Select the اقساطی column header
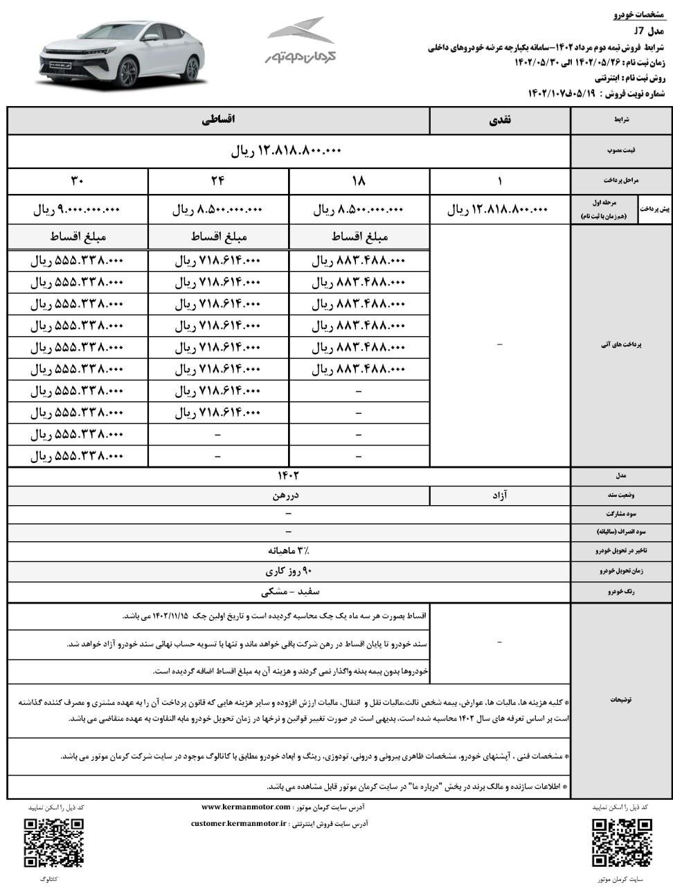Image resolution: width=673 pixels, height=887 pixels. point(219,120)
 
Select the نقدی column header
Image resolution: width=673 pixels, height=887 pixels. point(500,120)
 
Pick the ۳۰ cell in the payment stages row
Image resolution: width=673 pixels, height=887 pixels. point(77,181)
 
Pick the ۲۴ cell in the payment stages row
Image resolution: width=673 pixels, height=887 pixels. point(218,181)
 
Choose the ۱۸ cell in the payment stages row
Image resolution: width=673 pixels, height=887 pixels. point(359,181)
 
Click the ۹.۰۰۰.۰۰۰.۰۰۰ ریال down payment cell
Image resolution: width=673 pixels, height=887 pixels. point(77,210)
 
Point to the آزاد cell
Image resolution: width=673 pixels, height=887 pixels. point(500,495)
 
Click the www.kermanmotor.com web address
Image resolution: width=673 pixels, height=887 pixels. point(246,807)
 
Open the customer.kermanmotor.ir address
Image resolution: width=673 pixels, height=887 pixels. point(239,823)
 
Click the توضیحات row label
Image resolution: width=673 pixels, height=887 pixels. point(620,700)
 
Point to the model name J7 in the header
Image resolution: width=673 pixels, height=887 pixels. point(638,31)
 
